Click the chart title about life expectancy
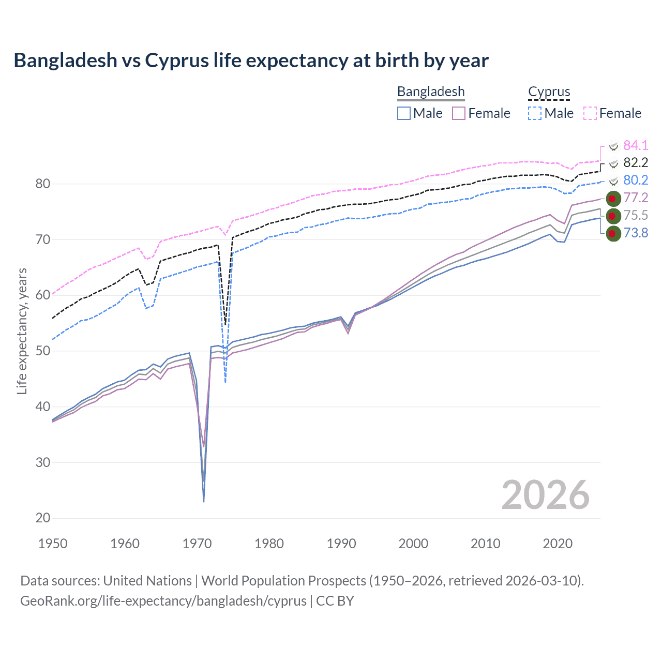point(251,61)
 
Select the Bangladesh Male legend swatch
point(404,113)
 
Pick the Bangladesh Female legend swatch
point(459,113)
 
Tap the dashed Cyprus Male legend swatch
point(535,113)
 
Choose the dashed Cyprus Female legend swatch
point(590,113)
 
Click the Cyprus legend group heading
point(549,92)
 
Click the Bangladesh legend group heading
point(431,92)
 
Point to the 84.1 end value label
point(636,145)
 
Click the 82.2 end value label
point(636,163)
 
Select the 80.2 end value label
point(636,180)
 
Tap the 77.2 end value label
point(636,198)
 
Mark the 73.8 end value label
point(636,233)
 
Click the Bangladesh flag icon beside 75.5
point(613,216)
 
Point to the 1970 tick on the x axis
point(197,544)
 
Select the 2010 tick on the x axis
point(485,544)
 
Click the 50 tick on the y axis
point(43,351)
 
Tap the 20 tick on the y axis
point(43,518)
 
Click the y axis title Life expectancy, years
point(22,331)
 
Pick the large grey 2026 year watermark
point(545,495)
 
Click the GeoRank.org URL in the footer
point(163,601)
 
